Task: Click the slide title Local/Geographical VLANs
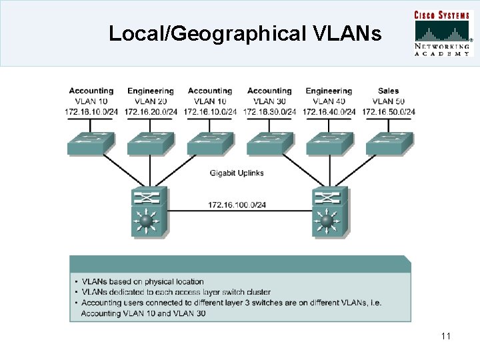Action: tap(245, 33)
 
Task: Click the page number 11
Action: tap(446, 336)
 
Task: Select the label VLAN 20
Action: tap(150, 101)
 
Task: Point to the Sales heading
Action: tap(388, 91)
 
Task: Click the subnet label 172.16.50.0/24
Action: tap(388, 111)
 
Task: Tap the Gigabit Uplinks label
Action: tap(237, 173)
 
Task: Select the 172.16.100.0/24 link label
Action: tap(237, 204)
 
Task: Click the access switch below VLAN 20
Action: tap(150, 142)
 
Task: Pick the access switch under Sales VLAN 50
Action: tap(389, 142)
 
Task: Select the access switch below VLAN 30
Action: tap(269, 142)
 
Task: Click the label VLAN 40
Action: tap(329, 101)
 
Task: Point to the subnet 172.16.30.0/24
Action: tap(269, 111)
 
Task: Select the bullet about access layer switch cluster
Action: tap(175, 292)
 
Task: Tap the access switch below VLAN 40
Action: tap(329, 142)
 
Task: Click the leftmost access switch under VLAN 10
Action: tap(91, 142)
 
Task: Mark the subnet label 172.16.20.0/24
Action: tap(150, 111)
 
